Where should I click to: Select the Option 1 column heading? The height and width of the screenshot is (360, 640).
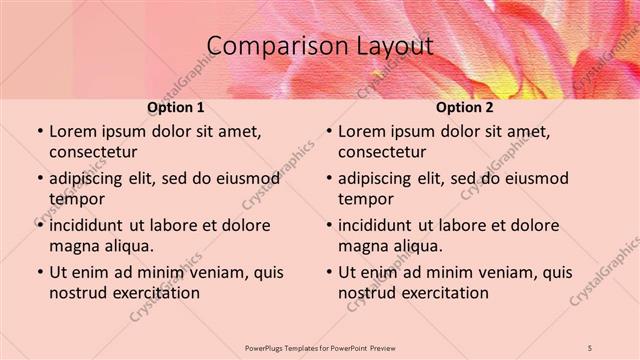[176, 107]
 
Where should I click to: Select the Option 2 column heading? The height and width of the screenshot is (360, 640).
[465, 107]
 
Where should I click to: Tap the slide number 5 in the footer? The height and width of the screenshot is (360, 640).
[590, 347]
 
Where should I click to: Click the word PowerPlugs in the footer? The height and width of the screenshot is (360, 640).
[268, 347]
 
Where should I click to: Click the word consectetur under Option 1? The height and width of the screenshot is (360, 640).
[93, 152]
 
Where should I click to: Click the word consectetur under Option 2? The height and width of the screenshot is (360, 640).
[383, 152]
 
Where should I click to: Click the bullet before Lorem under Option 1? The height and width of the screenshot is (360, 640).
[38, 132]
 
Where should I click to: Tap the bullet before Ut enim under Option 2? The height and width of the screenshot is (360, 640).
[328, 272]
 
